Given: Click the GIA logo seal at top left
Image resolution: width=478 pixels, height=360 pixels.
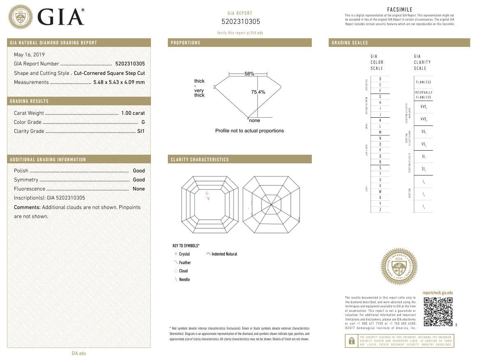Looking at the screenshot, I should point(21,17).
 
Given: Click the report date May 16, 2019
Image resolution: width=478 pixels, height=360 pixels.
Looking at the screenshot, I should point(29,55).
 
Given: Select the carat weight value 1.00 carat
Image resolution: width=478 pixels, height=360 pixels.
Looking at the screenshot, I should point(133,113).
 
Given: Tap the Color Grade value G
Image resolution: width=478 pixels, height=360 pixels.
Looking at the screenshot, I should point(143,122).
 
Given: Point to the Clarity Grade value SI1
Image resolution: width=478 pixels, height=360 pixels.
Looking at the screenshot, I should point(141,131).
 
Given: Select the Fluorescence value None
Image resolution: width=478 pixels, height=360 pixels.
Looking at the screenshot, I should point(139,189).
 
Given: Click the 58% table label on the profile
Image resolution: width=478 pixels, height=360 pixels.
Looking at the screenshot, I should point(249,74).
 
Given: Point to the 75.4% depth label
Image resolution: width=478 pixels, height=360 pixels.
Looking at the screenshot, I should point(258,92).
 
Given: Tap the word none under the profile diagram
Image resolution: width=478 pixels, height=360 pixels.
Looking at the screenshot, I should point(255,121).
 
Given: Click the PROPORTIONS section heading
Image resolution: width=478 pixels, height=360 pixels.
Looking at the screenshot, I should point(186,43).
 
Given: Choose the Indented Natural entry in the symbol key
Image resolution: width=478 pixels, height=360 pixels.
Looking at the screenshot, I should point(224,254).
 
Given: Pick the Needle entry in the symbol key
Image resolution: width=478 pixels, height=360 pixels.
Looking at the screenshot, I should point(184,280).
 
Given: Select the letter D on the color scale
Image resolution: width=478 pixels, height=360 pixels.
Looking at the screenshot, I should point(380,79).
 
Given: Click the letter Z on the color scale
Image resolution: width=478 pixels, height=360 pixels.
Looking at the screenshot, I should point(380,210).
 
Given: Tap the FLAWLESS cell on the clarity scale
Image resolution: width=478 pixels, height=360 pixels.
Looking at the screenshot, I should point(423,82).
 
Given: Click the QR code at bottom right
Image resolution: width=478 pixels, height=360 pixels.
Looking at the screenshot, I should point(438,311).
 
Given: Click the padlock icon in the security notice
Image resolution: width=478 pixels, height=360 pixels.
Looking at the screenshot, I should point(351,341).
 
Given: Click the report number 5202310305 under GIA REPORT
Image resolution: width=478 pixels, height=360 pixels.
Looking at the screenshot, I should point(241,22).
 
